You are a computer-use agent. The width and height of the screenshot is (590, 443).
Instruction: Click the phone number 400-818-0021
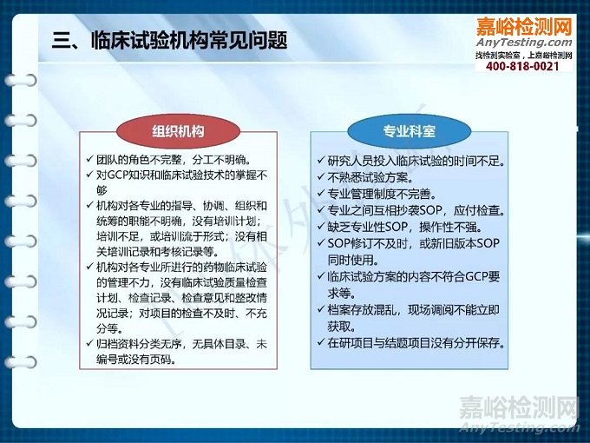(x=522, y=67)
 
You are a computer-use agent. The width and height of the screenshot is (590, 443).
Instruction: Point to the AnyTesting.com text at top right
(x=524, y=42)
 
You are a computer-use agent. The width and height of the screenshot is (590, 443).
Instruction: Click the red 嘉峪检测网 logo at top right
(x=524, y=25)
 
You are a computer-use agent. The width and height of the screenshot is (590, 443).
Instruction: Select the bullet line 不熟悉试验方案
(x=369, y=177)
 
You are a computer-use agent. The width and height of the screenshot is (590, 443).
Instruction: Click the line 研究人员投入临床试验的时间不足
(x=416, y=161)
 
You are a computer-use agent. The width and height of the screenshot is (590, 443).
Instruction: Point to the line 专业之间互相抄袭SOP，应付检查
(x=416, y=210)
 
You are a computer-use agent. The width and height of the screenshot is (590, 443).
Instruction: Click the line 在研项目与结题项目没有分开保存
(x=416, y=342)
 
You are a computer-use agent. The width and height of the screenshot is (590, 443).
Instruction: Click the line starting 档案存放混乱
(x=413, y=309)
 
